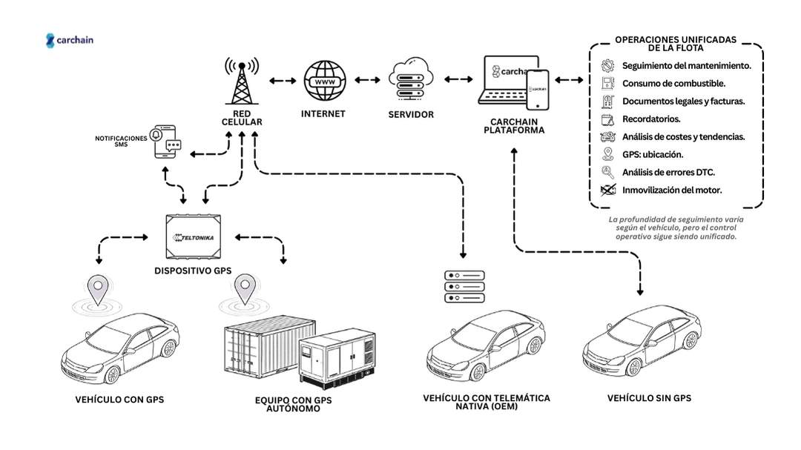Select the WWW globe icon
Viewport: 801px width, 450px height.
[x=324, y=82]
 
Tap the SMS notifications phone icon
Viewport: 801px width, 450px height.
[x=165, y=141]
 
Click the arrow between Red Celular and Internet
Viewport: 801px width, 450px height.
[x=281, y=80]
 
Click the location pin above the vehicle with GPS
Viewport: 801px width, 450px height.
[x=95, y=286]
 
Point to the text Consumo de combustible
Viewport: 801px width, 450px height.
[x=673, y=83]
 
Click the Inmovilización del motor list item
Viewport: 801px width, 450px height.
[x=672, y=190]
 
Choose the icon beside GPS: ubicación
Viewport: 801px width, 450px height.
[x=608, y=154]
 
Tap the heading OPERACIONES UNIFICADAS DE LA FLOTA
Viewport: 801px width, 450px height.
[x=675, y=43]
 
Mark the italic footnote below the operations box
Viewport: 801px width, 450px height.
[x=676, y=228]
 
